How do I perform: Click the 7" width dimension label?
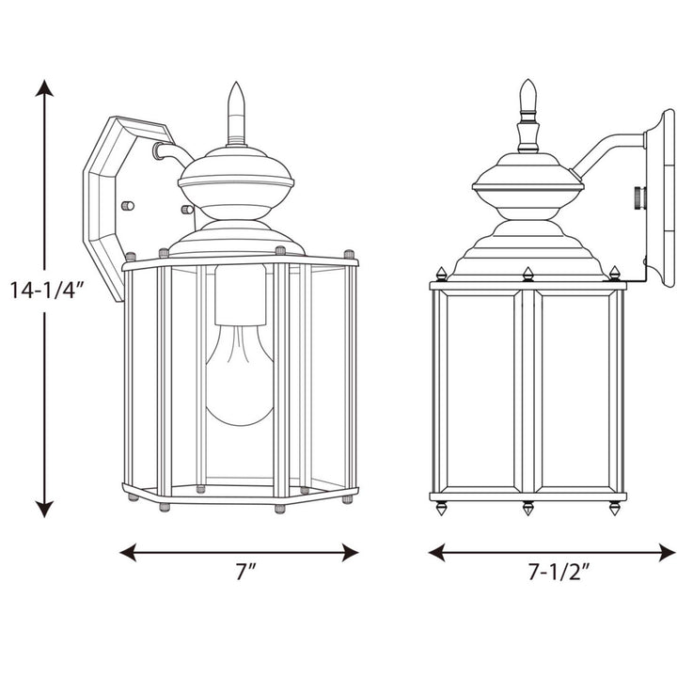246,572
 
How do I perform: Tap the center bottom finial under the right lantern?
528,509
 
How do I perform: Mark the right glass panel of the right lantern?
575,390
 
